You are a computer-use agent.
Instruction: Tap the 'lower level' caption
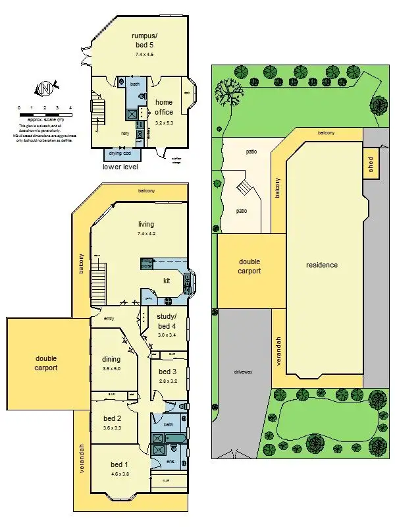[x=120, y=167]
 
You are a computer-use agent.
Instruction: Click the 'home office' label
[x=164, y=107]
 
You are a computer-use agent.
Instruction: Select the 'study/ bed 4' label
[x=167, y=321]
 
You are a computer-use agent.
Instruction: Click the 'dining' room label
[x=111, y=359]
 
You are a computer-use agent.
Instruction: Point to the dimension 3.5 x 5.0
[x=111, y=369]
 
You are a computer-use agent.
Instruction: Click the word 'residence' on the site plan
[x=322, y=265]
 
